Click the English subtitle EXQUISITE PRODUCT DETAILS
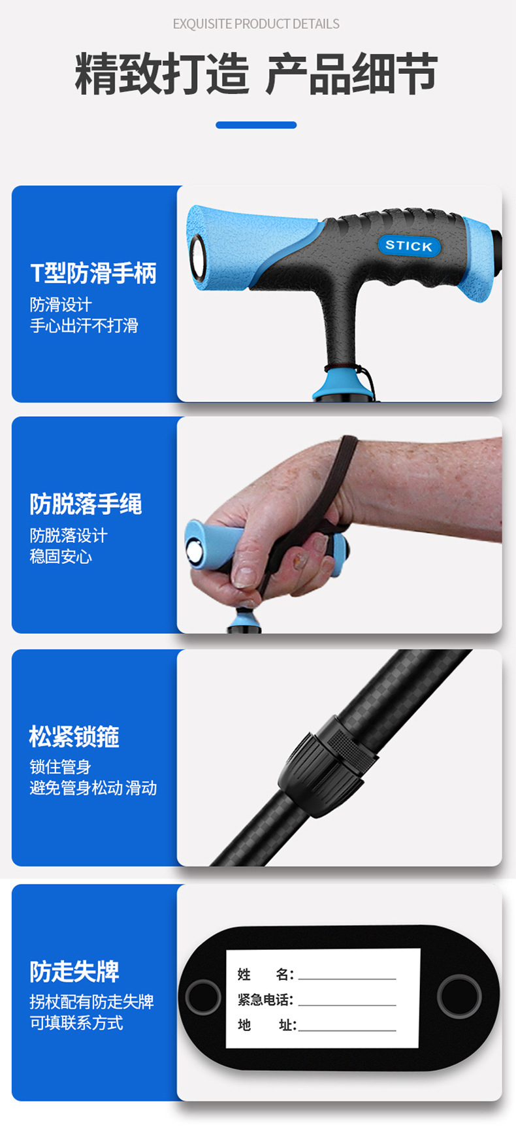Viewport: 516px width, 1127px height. (256, 24)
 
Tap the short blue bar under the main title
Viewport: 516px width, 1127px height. (256, 125)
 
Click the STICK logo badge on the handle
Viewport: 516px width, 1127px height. (409, 246)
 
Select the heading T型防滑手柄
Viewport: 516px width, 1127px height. (93, 273)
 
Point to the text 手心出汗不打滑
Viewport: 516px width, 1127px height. (84, 325)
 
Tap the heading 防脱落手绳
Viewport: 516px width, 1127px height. (86, 504)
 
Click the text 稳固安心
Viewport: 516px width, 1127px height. (61, 557)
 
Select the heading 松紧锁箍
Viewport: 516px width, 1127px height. (74, 736)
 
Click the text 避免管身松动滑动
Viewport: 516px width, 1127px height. (93, 788)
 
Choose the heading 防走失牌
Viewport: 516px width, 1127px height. (74, 972)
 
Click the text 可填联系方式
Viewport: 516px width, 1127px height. (76, 1023)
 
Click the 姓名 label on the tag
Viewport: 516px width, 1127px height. (265, 975)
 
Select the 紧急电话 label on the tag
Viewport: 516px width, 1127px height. (265, 1000)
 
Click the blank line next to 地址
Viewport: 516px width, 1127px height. (347, 1030)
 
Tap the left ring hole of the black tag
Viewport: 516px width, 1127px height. (203, 997)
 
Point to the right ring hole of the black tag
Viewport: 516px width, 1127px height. (459, 996)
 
